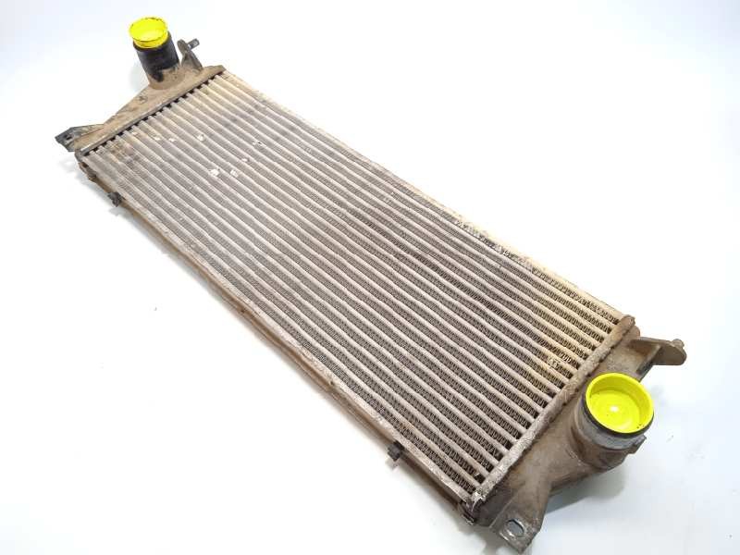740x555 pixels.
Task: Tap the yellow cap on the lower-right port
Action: pyautogui.click(x=619, y=402)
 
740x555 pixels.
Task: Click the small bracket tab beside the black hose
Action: pyautogui.click(x=191, y=54)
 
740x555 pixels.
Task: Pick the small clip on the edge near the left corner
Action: pyautogui.click(x=115, y=197)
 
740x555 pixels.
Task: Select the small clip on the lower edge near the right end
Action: pyautogui.click(x=394, y=451)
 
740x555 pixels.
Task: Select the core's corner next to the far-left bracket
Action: pyautogui.click(x=81, y=154)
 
